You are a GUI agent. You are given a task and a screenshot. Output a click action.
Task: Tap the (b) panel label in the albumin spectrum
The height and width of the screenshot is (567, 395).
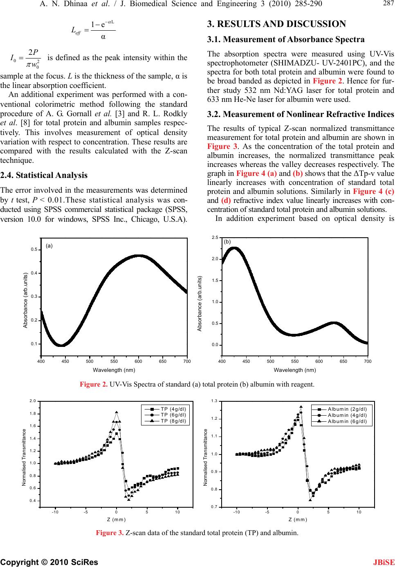[228, 242]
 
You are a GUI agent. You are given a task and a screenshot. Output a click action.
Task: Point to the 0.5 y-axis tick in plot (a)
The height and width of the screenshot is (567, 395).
[35, 250]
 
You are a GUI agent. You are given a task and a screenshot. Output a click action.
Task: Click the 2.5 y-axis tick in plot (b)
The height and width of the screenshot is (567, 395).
[215, 237]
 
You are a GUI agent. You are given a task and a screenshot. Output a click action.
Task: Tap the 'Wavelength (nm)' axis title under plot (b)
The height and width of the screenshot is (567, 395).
[294, 370]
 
